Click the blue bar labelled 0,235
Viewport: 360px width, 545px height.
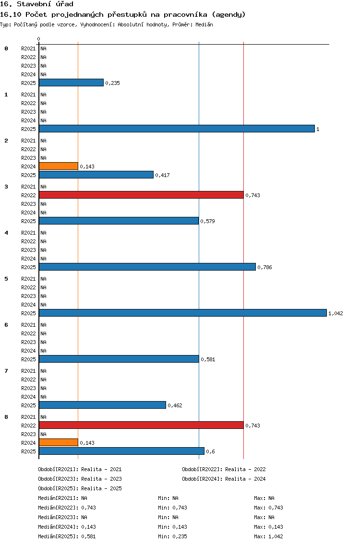click(72, 83)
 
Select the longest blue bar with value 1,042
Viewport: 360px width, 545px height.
click(183, 313)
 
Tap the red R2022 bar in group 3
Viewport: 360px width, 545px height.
click(141, 195)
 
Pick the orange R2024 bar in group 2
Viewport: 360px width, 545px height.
click(59, 166)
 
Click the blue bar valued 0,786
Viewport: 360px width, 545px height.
click(147, 267)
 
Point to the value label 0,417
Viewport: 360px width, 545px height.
click(162, 175)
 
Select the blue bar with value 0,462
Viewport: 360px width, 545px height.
click(103, 405)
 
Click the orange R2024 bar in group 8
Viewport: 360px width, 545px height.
click(59, 442)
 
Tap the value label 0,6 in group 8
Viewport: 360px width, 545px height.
click(210, 451)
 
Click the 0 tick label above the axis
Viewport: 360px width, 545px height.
click(38, 39)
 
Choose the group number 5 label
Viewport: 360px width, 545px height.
click(6, 279)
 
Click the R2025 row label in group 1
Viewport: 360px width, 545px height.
click(28, 129)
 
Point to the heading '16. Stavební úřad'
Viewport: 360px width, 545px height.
click(36, 4)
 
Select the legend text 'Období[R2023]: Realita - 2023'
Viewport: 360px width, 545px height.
click(80, 479)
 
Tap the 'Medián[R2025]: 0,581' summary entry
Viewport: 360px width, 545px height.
click(67, 536)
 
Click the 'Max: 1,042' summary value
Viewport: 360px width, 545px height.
click(268, 536)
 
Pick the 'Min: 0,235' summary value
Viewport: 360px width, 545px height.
click(172, 536)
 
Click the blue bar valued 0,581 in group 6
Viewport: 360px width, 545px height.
click(119, 359)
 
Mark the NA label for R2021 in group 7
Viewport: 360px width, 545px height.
click(44, 371)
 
